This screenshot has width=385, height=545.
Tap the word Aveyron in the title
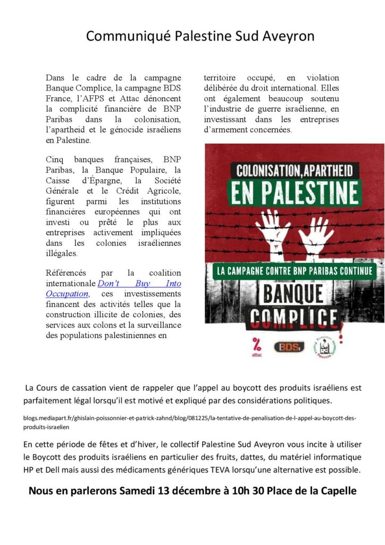(288, 36)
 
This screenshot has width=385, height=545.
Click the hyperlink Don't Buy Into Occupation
(139, 288)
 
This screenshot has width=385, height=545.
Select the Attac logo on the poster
(256, 347)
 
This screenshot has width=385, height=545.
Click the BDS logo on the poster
(289, 346)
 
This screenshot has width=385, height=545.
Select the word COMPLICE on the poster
(294, 318)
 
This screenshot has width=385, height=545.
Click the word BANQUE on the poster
(294, 293)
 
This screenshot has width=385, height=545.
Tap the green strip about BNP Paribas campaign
(294, 270)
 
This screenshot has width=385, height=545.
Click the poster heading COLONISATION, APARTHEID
(294, 171)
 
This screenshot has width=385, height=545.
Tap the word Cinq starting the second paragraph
(54, 159)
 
